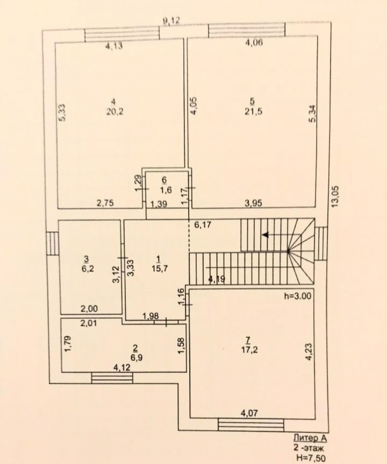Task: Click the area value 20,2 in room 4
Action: coord(115,112)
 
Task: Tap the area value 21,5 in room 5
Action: coord(253,112)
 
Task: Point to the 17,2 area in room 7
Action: coord(249,350)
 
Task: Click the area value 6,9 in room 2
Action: coord(137,357)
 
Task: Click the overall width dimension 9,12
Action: coord(171,21)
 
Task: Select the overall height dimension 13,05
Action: coord(335,196)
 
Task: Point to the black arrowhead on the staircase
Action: coord(266,235)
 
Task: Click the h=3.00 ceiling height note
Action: coord(298,296)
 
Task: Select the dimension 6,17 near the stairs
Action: coord(203,225)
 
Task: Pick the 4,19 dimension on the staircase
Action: coord(216,279)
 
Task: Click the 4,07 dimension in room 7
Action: coord(249,413)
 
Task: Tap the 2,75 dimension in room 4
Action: coord(105,203)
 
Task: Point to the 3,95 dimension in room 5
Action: coord(253,203)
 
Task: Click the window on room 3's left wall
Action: coord(53,243)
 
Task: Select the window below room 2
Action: coord(112,378)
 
